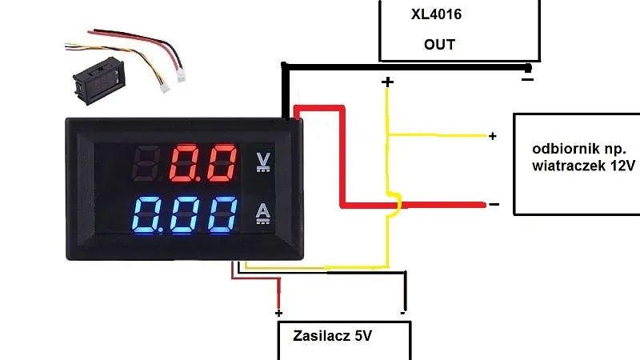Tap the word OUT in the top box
(439, 44)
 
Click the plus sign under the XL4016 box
(388, 82)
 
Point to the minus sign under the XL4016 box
(527, 79)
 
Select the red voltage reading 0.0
(205, 163)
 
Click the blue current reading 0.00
(185, 214)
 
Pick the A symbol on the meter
(262, 213)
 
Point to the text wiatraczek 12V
(582, 166)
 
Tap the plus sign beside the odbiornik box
(493, 137)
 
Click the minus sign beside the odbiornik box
(494, 205)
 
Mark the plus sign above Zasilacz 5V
(278, 313)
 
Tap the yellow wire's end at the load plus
(484, 136)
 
